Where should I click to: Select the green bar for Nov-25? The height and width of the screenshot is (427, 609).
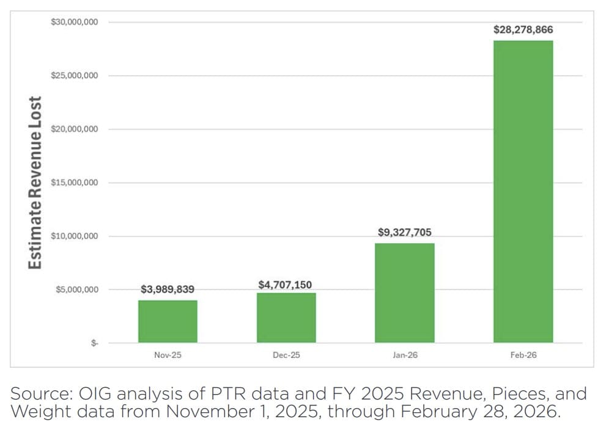(168, 321)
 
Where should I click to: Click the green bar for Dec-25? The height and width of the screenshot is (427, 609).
(286, 318)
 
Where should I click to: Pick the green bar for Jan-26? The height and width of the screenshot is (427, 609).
(405, 293)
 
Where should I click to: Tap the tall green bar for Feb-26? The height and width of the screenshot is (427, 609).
(523, 191)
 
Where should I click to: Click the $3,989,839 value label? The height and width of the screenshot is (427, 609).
(168, 290)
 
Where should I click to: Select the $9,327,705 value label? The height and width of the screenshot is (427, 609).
(405, 233)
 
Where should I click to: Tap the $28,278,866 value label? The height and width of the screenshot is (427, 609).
(523, 29)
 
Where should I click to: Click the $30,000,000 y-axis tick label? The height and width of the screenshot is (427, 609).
(75, 22)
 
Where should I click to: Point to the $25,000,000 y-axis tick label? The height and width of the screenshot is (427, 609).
(75, 76)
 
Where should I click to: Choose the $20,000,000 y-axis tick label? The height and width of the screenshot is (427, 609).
(75, 130)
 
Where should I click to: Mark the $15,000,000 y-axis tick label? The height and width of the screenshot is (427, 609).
(75, 183)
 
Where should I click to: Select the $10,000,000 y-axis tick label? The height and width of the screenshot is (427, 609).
(75, 236)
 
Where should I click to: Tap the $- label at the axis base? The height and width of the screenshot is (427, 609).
(94, 343)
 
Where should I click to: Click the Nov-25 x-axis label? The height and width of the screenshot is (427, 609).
(168, 355)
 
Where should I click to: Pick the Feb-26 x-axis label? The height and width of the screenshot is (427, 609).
(523, 355)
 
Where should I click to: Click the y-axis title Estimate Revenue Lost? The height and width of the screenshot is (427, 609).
(36, 183)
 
